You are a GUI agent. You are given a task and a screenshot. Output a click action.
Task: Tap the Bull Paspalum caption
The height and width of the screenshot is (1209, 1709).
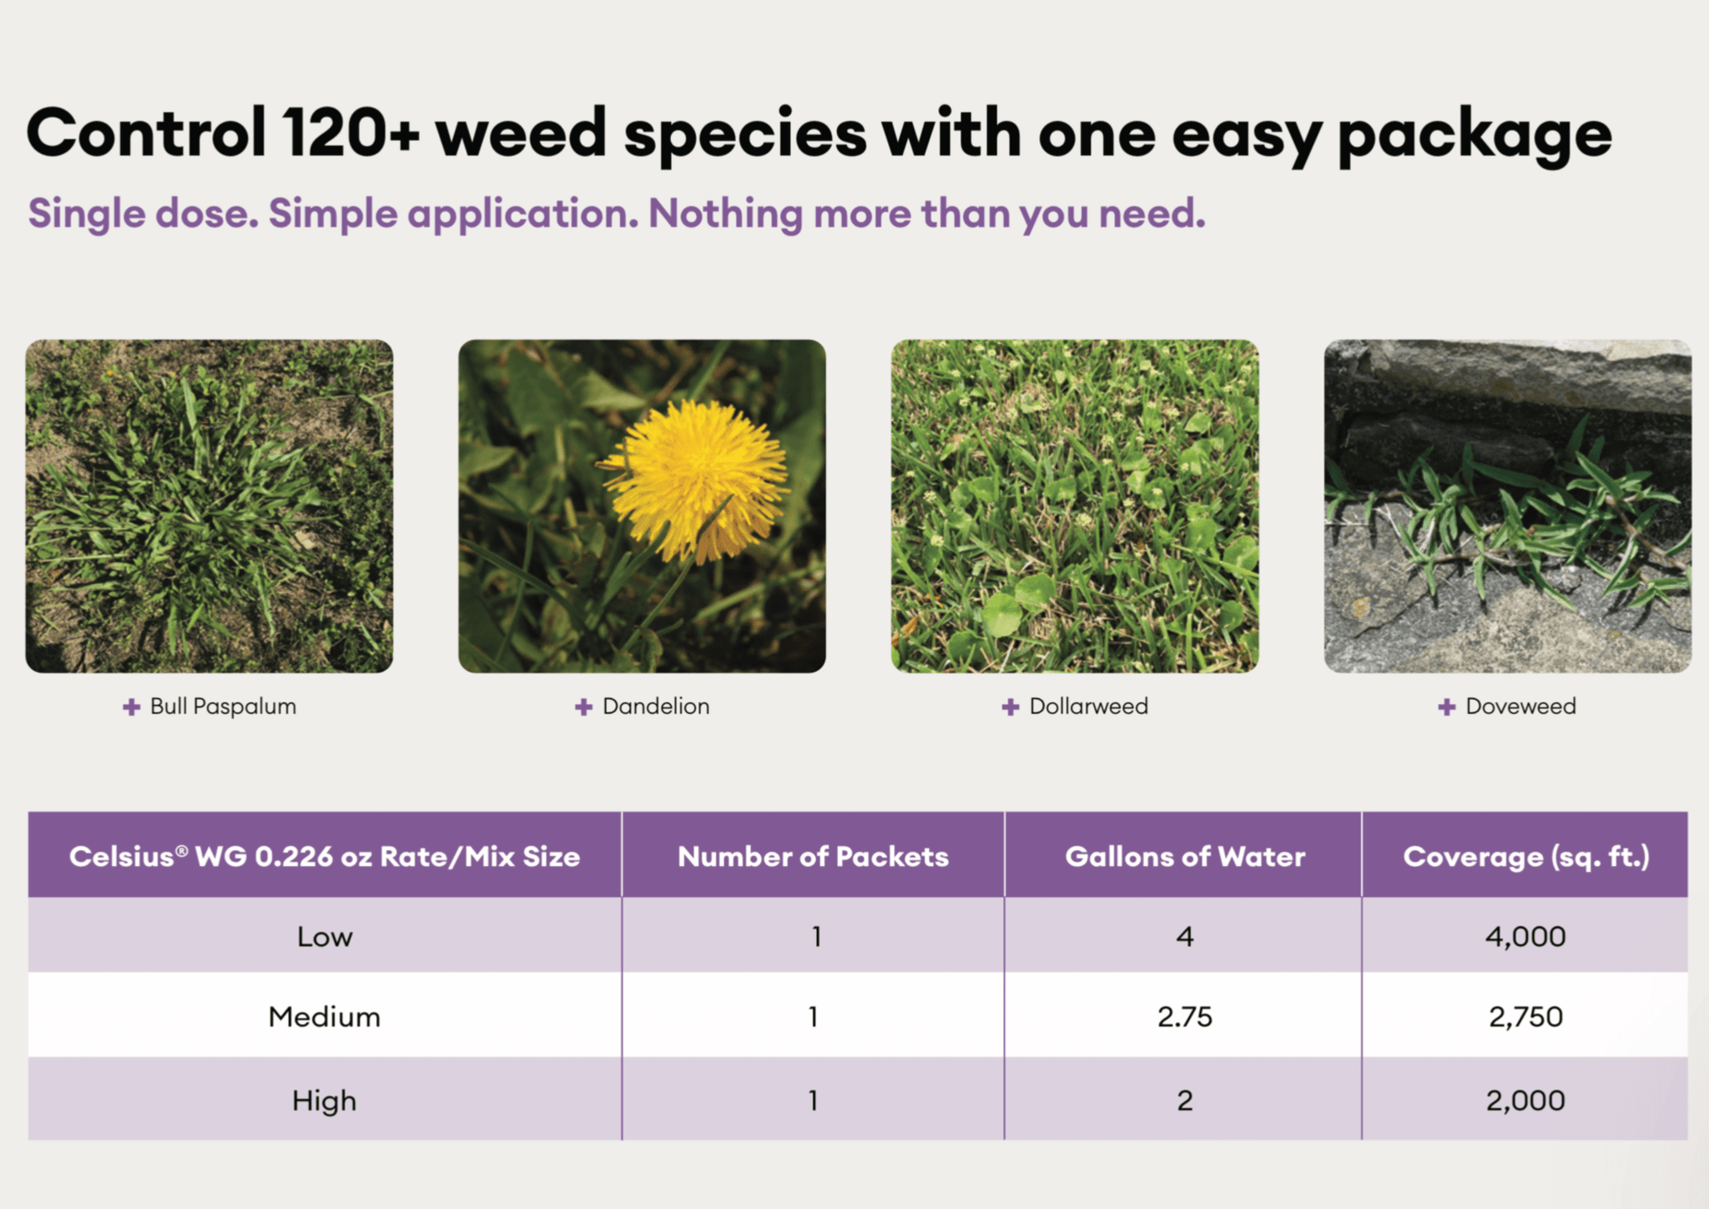(223, 707)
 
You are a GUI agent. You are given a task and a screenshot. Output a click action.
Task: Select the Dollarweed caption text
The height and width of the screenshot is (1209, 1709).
(1088, 707)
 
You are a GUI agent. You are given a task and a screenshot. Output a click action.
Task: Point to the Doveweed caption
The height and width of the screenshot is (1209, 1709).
(1520, 707)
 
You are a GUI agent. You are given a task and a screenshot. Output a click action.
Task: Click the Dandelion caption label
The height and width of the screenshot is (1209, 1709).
(656, 707)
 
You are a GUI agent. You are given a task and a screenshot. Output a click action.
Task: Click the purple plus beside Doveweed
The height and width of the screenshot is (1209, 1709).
(1446, 708)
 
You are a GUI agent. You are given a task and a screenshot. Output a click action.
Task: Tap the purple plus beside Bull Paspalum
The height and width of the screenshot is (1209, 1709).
(131, 708)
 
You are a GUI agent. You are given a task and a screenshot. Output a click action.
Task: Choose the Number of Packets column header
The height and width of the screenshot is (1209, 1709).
(813, 857)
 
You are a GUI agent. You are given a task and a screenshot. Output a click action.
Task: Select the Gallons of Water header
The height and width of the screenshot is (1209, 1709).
(1185, 857)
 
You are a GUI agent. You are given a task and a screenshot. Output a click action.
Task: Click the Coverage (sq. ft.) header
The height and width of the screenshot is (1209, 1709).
(1526, 858)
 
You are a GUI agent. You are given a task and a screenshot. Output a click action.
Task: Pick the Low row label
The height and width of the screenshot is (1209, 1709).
(325, 937)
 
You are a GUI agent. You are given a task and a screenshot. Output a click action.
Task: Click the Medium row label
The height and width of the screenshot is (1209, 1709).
(324, 1017)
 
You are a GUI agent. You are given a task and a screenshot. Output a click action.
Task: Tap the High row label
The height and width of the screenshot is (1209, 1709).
(324, 1101)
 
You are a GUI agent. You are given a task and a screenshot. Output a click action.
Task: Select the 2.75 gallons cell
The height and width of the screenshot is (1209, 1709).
(1185, 1017)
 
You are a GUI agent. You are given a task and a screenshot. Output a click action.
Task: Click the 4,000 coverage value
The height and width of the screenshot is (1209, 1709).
(1525, 938)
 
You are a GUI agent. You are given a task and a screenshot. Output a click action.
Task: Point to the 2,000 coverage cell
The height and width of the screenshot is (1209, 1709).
(1525, 1101)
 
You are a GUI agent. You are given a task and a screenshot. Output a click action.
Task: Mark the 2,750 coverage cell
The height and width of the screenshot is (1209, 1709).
(1525, 1018)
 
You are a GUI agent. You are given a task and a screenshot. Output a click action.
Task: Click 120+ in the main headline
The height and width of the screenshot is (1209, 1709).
(350, 133)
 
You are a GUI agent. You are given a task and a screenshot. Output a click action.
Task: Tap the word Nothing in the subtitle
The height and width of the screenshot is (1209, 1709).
(725, 214)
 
